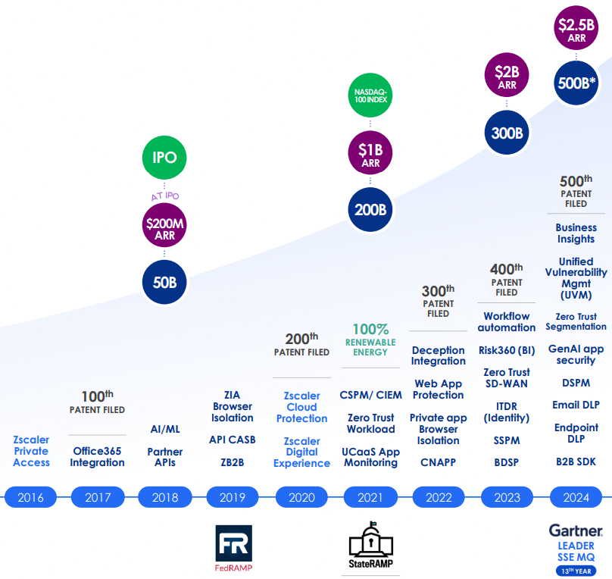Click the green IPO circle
(x=164, y=158)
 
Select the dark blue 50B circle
(x=164, y=283)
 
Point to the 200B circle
(x=370, y=208)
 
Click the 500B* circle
(x=576, y=83)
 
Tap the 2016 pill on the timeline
(x=31, y=497)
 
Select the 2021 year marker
(x=371, y=497)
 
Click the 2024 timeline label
(x=576, y=497)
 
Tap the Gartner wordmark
(x=576, y=531)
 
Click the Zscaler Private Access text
(x=31, y=451)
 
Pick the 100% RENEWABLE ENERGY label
(x=370, y=340)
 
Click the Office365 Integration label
(x=98, y=456)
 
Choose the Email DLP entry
(x=576, y=405)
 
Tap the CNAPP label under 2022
(x=438, y=462)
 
